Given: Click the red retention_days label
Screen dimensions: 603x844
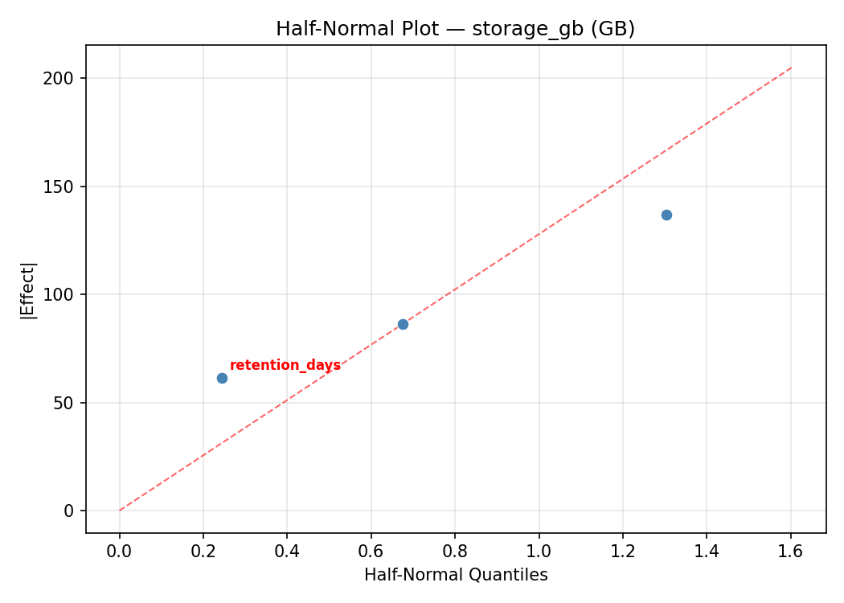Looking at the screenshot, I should pyautogui.click(x=285, y=365).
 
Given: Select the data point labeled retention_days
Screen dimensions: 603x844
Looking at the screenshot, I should pyautogui.click(x=222, y=378).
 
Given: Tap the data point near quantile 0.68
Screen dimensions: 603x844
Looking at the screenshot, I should pyautogui.click(x=403, y=324).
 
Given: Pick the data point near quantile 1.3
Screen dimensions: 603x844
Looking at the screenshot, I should pyautogui.click(x=666, y=215).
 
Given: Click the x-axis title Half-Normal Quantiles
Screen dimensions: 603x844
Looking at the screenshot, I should pyautogui.click(x=456, y=575).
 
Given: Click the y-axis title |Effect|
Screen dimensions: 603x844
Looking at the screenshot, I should pyautogui.click(x=29, y=290).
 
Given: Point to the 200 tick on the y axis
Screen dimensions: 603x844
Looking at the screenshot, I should pyautogui.click(x=64, y=79).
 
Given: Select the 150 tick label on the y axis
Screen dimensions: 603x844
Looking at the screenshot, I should pyautogui.click(x=64, y=187).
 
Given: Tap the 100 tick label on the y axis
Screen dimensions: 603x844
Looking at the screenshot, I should pyautogui.click(x=64, y=294).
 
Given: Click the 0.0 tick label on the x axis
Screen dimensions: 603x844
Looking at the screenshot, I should pyautogui.click(x=120, y=551).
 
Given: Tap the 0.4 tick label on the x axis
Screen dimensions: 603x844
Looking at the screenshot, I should pyautogui.click(x=287, y=551).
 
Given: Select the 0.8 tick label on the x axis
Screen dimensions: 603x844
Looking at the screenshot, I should pyautogui.click(x=455, y=551).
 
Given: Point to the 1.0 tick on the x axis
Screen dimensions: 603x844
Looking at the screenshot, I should pyautogui.click(x=539, y=551).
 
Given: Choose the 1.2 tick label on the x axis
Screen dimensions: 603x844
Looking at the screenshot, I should pyautogui.click(x=623, y=551).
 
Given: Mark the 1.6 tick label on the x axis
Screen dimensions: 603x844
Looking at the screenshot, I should pyautogui.click(x=790, y=551).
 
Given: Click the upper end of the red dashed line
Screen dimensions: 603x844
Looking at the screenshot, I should pyautogui.click(x=791, y=68).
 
